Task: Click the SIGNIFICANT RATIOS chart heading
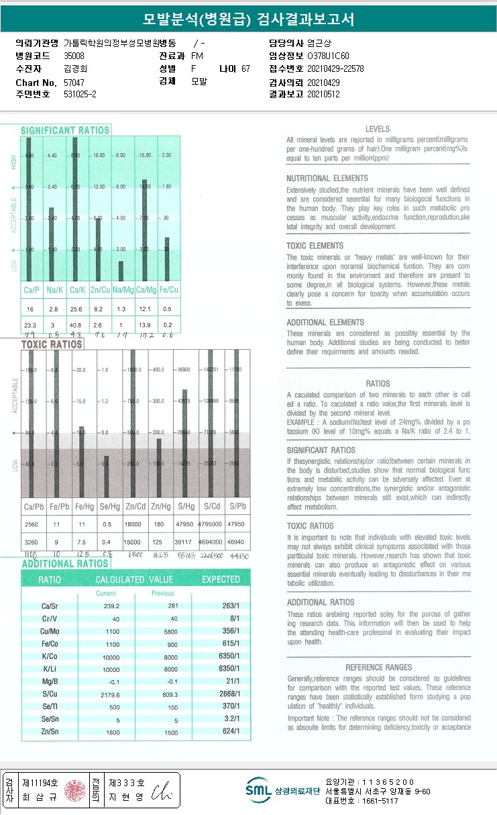[64, 130]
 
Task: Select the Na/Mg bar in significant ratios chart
[121, 271]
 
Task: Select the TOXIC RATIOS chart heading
[52, 344]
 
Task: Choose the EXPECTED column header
[221, 579]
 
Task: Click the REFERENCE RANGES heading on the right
[378, 667]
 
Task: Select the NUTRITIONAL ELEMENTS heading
[327, 179]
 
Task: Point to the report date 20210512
[323, 94]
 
